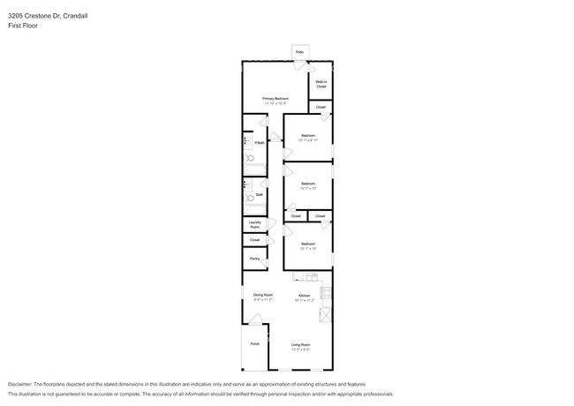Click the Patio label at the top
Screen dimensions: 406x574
[x=299, y=53]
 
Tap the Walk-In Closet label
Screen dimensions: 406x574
[x=321, y=85]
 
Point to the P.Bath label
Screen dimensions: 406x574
[x=260, y=142]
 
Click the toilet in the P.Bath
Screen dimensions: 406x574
[x=250, y=159]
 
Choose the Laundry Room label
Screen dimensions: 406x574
[x=254, y=224]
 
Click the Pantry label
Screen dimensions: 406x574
[x=254, y=259]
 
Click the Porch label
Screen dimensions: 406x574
[x=254, y=343]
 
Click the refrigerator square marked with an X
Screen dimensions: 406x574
[x=324, y=315]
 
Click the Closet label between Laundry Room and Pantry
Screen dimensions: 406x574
[x=254, y=240]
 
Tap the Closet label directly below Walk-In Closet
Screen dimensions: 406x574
[x=321, y=107]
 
